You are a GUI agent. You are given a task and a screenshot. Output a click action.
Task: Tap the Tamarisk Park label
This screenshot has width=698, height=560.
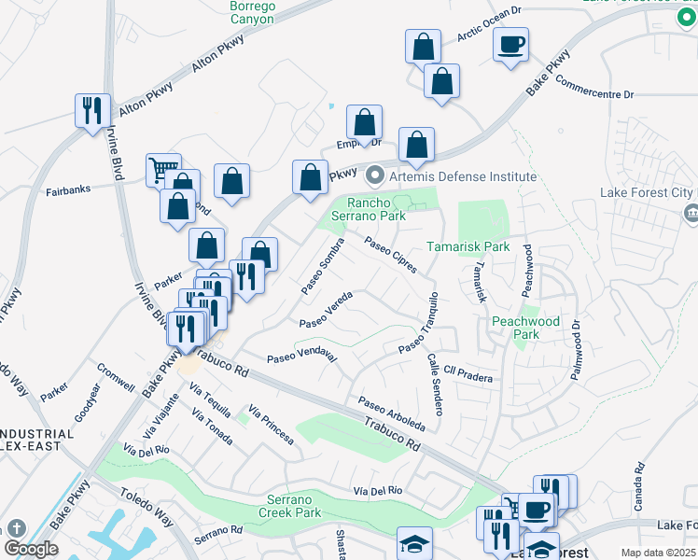pos(468,247)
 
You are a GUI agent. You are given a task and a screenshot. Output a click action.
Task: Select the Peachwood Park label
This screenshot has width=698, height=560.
pos(526,328)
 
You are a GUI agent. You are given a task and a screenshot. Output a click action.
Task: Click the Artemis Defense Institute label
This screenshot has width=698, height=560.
pos(453,176)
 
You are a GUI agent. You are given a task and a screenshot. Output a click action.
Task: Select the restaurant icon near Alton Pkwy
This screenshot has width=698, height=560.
pos(92,111)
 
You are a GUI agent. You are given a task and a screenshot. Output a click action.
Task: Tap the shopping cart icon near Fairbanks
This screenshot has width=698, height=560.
pos(162,170)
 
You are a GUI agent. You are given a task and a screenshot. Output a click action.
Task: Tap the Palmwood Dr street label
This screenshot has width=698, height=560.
pos(576,350)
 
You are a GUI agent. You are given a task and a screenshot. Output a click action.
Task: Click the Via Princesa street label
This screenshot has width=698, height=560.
pos(272,425)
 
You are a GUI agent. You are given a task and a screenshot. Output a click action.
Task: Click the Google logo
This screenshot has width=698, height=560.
pos(31,549)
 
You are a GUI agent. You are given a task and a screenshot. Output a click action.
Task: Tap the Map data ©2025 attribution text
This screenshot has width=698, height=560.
pos(658,553)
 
